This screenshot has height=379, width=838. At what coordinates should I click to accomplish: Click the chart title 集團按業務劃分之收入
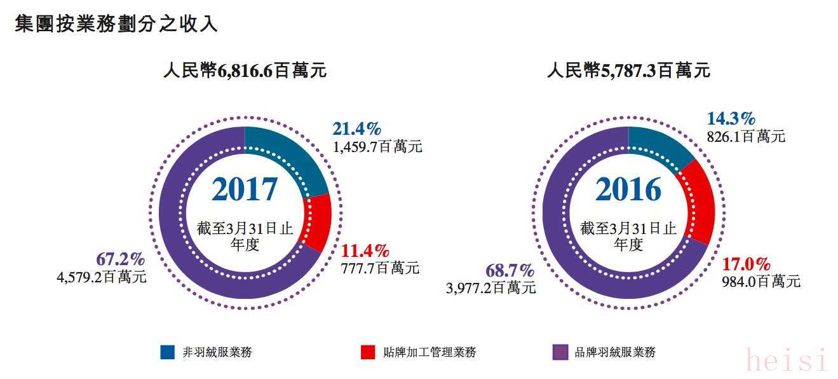[x=116, y=24]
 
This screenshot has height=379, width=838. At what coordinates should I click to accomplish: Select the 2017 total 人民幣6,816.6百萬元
[x=245, y=71]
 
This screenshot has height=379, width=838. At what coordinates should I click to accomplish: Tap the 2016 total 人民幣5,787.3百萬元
[x=628, y=71]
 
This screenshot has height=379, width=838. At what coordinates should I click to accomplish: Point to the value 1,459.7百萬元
[x=377, y=147]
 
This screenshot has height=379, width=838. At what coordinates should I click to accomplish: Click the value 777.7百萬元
[x=380, y=268]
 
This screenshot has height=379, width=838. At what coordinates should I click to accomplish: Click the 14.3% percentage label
[x=731, y=118]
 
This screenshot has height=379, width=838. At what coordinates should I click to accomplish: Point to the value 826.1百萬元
[x=746, y=136]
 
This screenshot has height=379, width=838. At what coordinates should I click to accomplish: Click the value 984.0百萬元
[x=761, y=282]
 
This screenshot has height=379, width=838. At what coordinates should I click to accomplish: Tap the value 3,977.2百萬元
[x=491, y=287]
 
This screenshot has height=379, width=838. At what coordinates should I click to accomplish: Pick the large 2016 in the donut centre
[x=628, y=190]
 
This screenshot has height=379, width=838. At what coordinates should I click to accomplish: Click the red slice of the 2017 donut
[x=317, y=222]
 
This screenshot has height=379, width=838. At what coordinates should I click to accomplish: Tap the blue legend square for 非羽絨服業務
[x=168, y=352]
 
